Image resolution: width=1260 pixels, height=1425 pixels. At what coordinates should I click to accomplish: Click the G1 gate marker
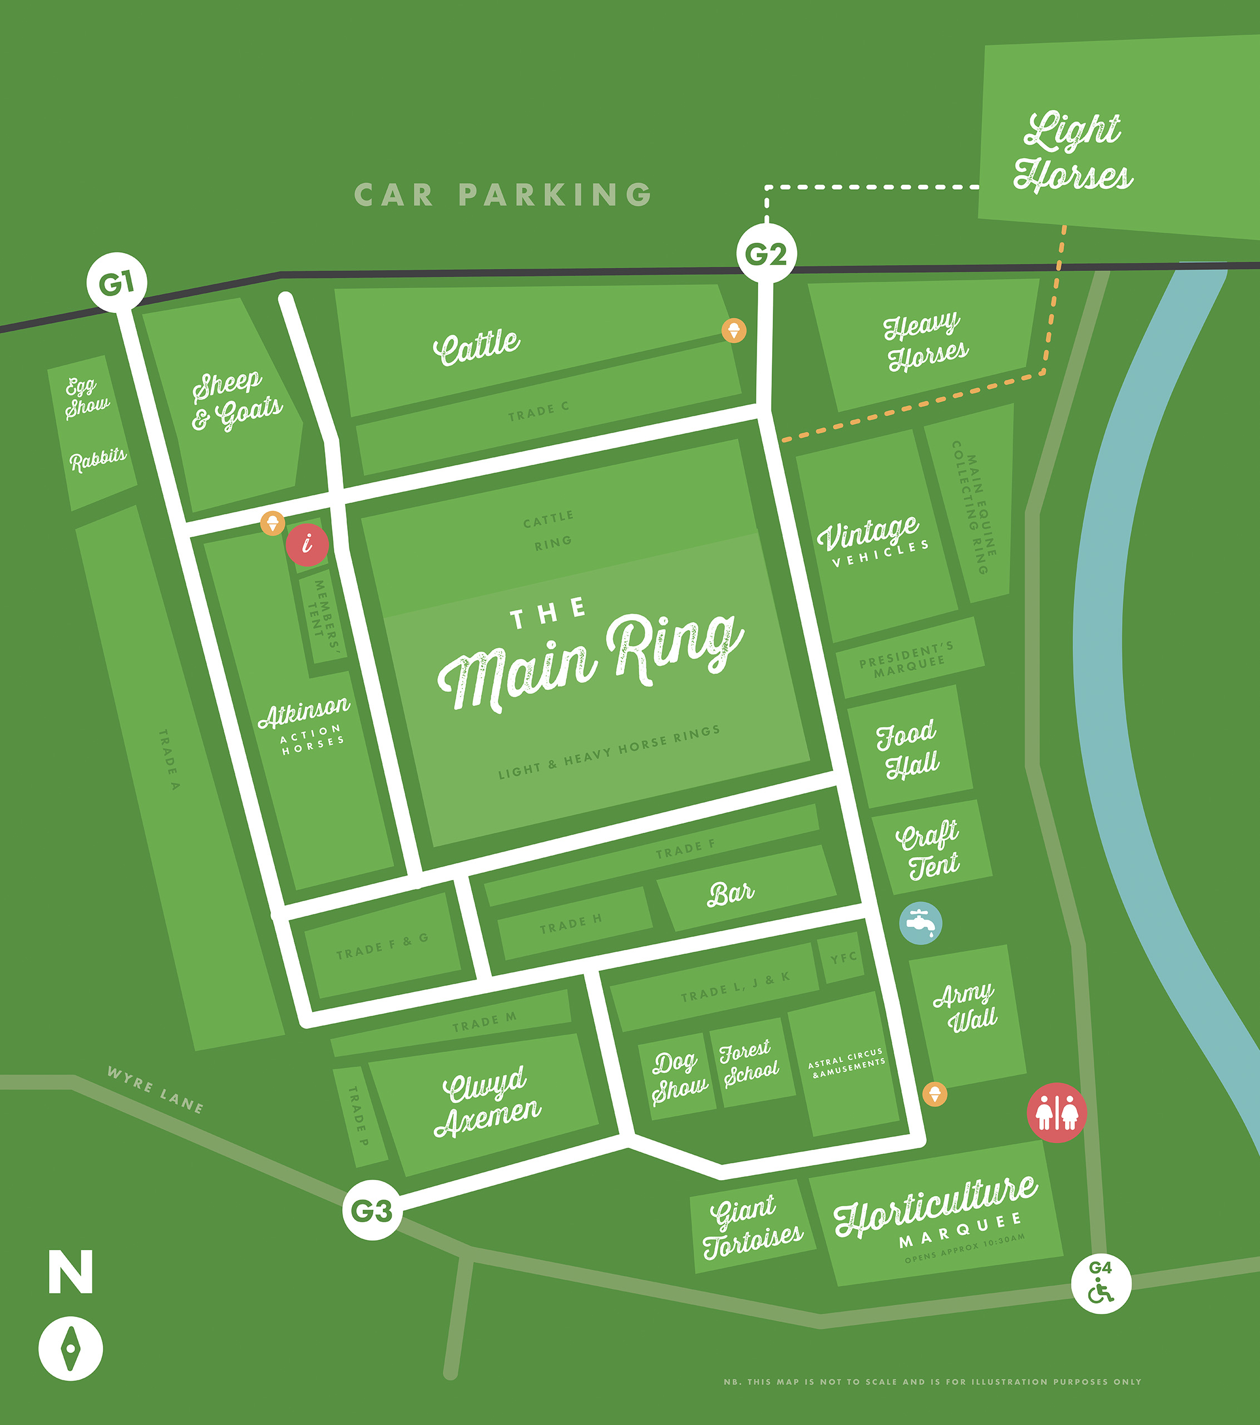[x=116, y=283]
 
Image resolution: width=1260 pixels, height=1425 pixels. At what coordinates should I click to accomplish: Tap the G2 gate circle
[x=766, y=253]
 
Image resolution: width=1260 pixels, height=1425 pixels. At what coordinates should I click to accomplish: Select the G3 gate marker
[x=372, y=1210]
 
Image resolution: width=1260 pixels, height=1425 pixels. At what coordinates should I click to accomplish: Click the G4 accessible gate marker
[x=1100, y=1284]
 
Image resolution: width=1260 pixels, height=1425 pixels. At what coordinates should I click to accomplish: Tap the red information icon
[x=307, y=544]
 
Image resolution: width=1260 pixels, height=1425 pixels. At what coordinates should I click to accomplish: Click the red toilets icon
[x=1056, y=1113]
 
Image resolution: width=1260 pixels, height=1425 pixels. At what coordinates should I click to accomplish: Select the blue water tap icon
[x=921, y=923]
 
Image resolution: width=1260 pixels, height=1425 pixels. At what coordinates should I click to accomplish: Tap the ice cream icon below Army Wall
[x=935, y=1093]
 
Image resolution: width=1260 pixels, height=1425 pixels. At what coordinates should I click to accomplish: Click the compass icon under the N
[x=71, y=1348]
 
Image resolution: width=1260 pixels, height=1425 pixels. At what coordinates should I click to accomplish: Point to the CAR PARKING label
[x=503, y=194]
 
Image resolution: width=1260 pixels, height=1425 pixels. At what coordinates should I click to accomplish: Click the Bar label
[x=730, y=893]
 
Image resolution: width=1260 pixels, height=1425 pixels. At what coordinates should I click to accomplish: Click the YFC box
[x=843, y=958]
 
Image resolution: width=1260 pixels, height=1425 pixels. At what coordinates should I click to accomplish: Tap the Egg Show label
[x=86, y=397]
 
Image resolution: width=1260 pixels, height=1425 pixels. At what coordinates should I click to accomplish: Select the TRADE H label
[x=570, y=923]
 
